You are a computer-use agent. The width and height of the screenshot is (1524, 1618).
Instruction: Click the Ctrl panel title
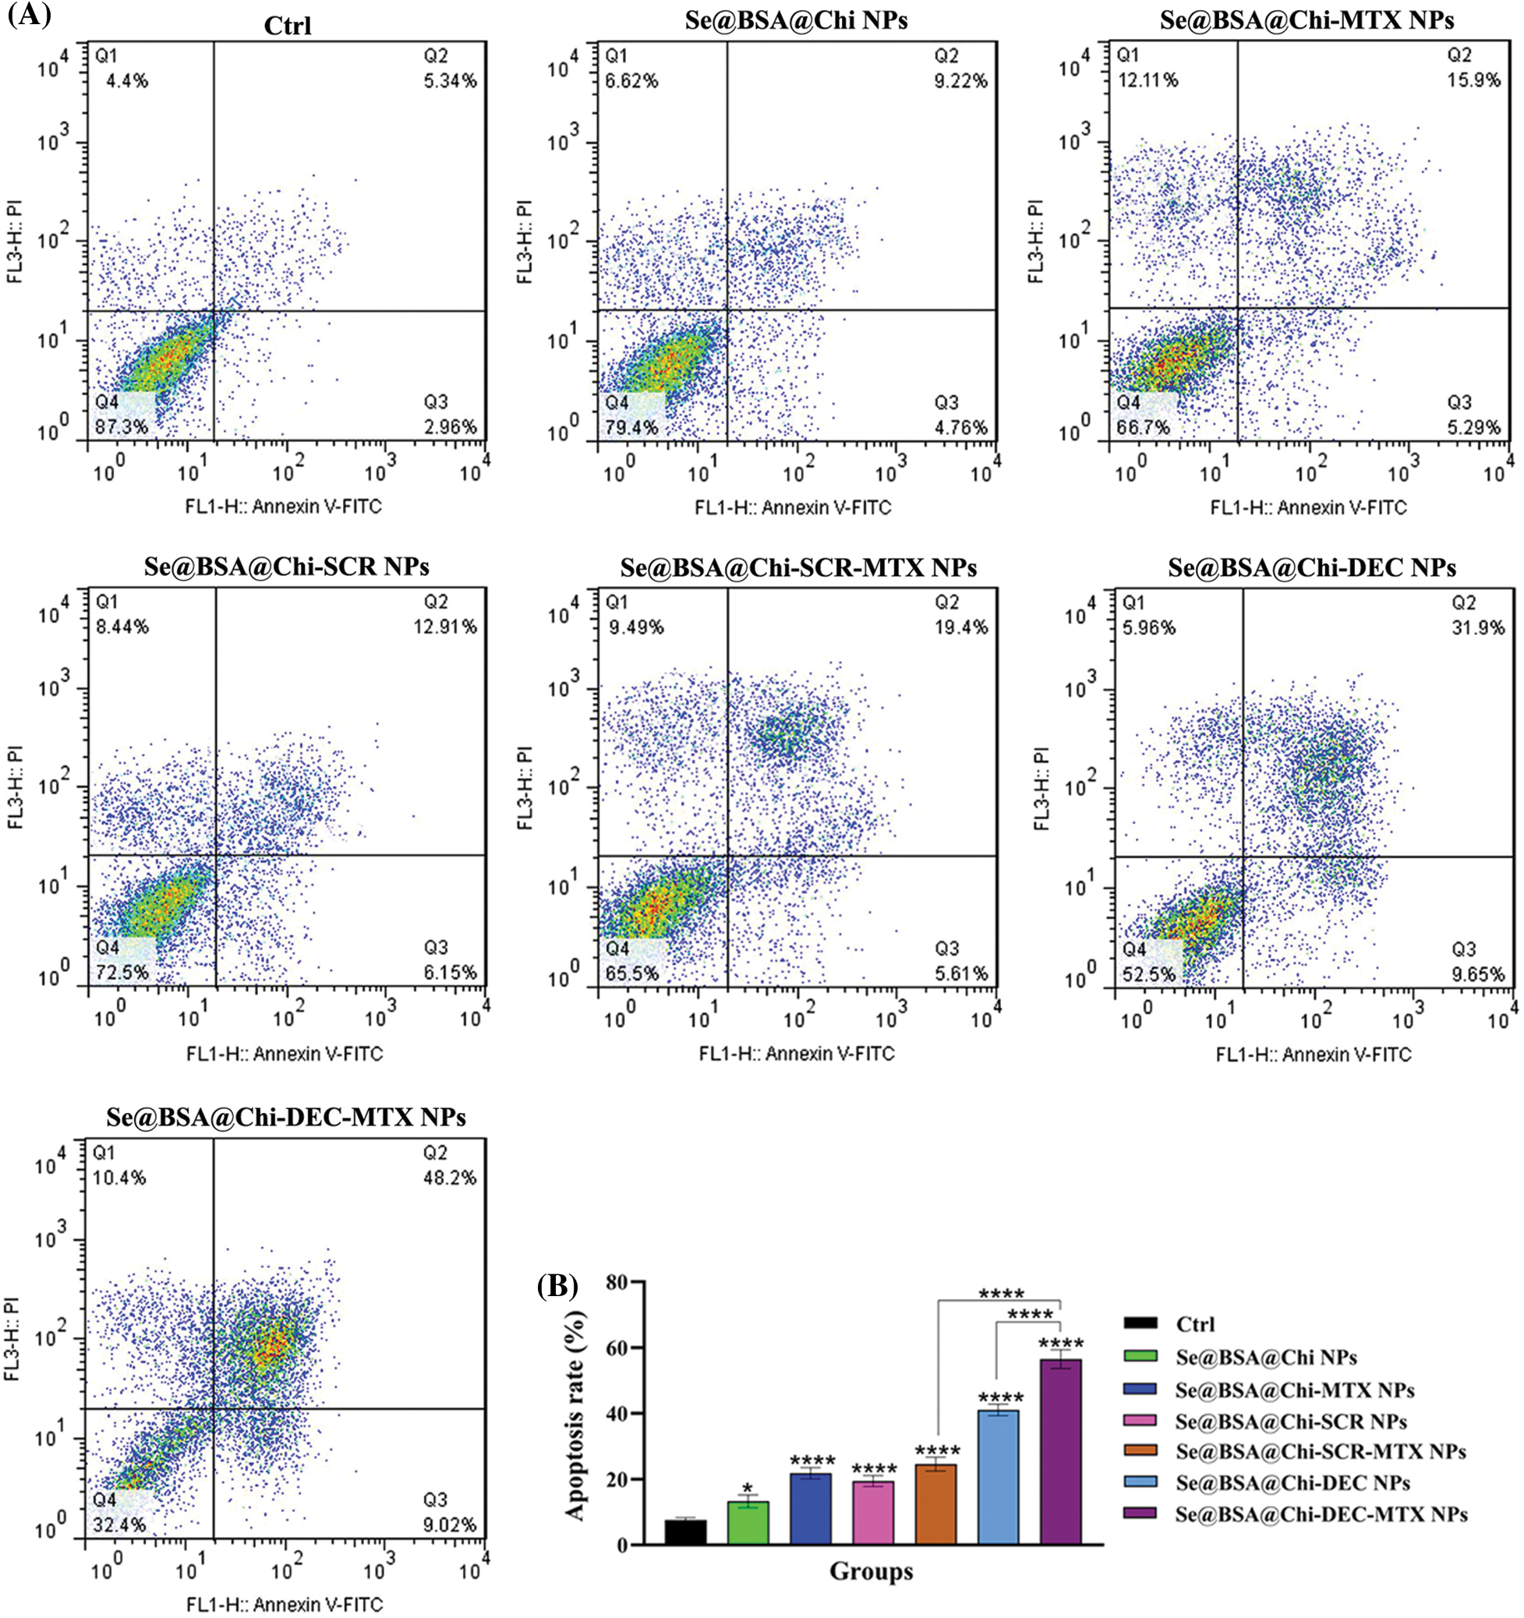[288, 26]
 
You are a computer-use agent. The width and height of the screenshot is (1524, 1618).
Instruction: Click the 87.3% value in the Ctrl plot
[123, 427]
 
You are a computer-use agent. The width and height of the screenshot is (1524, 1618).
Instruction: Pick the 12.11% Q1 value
[1147, 80]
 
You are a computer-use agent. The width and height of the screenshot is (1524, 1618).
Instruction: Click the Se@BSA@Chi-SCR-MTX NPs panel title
[797, 567]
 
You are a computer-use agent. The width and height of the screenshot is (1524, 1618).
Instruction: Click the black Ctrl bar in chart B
[685, 1531]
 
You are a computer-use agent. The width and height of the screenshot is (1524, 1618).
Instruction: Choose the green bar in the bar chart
[748, 1523]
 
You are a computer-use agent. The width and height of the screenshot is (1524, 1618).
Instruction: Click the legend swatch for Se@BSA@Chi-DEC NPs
[1139, 1483]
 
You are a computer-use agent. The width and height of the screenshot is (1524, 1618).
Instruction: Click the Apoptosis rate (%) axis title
[575, 1413]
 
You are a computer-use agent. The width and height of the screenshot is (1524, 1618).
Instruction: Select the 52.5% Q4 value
[1149, 974]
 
